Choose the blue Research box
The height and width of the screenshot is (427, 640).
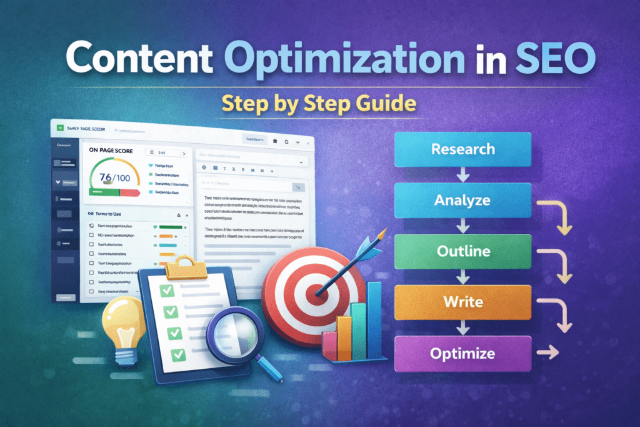462,149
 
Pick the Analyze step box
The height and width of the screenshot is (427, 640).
462,201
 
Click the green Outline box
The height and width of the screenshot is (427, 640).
462,251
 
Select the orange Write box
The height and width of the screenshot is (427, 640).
462,302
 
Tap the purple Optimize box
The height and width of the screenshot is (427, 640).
462,353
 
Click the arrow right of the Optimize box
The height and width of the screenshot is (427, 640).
547,354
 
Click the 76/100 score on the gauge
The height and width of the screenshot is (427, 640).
114,178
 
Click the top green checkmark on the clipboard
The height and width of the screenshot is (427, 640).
167,290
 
